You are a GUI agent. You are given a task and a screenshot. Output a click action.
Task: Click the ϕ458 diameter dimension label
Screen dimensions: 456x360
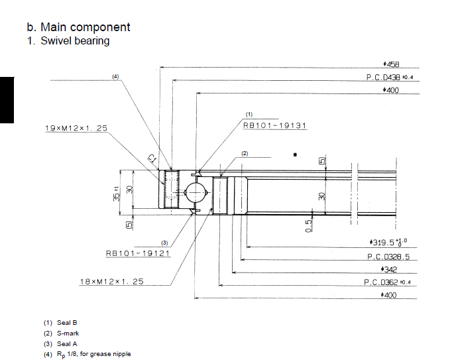click(391, 64)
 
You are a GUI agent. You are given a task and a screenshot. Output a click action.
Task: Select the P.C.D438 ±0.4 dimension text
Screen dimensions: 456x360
click(390, 77)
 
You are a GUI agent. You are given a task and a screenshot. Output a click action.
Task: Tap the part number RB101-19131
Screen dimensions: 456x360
click(275, 125)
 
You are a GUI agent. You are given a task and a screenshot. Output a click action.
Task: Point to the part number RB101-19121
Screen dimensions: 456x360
click(138, 253)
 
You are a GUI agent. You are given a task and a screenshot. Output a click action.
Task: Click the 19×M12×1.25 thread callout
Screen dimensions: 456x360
click(76, 128)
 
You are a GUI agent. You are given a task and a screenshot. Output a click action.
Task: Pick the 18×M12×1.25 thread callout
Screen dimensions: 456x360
click(111, 282)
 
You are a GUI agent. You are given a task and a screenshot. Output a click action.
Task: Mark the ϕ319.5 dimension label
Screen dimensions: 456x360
click(388, 242)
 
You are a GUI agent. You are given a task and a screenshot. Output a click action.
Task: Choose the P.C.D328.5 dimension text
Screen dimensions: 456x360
click(388, 257)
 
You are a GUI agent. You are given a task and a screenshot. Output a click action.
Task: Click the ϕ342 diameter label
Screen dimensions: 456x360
click(389, 270)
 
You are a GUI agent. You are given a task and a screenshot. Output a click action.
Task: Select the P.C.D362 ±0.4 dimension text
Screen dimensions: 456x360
click(387, 282)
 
